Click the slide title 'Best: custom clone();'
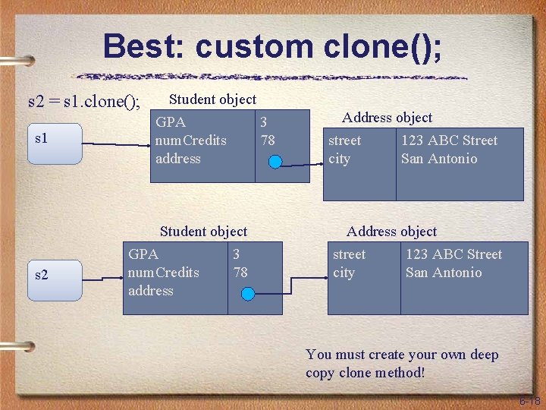tap(272, 46)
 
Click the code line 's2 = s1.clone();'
tap(84, 101)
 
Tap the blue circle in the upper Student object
tap(276, 161)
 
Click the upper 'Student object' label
tap(212, 99)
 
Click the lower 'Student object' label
tap(203, 232)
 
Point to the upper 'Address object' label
tap(387, 118)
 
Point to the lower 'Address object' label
tap(391, 232)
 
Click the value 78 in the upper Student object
tap(267, 140)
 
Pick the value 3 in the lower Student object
tap(237, 254)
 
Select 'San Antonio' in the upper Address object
tap(439, 159)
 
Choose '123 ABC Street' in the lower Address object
tap(453, 254)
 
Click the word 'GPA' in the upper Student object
tap(171, 122)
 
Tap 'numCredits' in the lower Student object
tap(164, 273)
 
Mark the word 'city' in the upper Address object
tap(339, 159)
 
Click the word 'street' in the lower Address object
tap(349, 254)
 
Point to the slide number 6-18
tap(529, 400)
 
